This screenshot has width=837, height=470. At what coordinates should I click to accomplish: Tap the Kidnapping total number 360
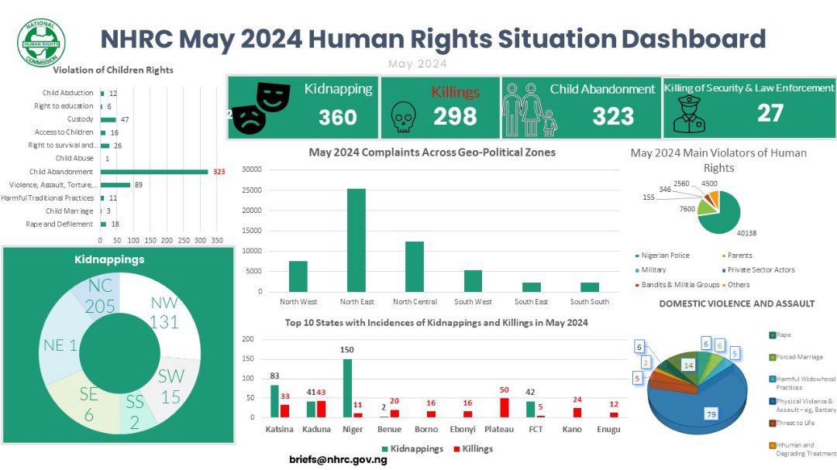[x=338, y=117]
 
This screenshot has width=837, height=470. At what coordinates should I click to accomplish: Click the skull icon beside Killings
[x=404, y=115]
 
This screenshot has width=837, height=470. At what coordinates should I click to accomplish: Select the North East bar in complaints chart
[x=356, y=240]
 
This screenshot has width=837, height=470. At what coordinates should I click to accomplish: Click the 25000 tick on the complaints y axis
[x=253, y=190]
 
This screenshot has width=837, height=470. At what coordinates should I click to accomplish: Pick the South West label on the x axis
[x=472, y=301]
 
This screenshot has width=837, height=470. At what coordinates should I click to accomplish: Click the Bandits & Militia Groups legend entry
[x=673, y=284]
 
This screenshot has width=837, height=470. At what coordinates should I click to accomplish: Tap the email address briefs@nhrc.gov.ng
[x=338, y=459]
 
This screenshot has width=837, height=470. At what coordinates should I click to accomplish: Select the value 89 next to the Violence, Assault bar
[x=139, y=185]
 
